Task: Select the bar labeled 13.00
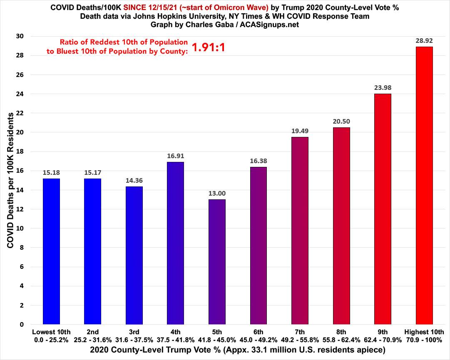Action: tap(217, 262)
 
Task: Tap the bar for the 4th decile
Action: tap(175, 243)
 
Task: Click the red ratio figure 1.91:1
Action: tap(209, 47)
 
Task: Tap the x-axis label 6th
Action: tap(258, 332)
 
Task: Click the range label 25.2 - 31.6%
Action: tap(92, 339)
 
